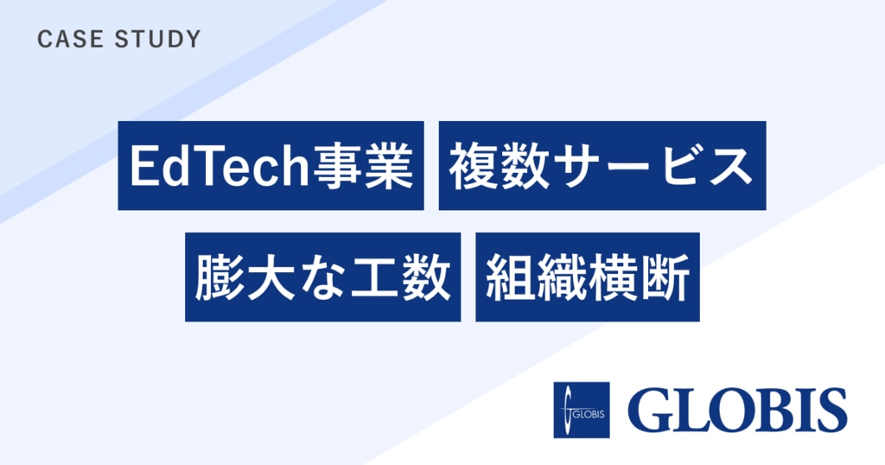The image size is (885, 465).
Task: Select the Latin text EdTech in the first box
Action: click(220, 166)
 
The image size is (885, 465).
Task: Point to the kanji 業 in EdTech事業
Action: click(388, 166)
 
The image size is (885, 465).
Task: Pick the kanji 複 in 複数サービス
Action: click(473, 166)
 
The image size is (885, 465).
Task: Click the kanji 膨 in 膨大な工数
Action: click(219, 277)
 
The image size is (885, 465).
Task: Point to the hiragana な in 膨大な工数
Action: click(322, 277)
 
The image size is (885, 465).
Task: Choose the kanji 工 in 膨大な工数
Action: click(373, 277)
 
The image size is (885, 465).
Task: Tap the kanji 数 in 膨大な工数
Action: click(425, 277)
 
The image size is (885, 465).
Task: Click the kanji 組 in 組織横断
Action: click(509, 277)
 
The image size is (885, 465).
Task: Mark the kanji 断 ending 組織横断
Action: click(665, 277)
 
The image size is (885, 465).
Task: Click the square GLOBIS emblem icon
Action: click(582, 411)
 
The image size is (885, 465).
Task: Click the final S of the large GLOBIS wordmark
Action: click(831, 411)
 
